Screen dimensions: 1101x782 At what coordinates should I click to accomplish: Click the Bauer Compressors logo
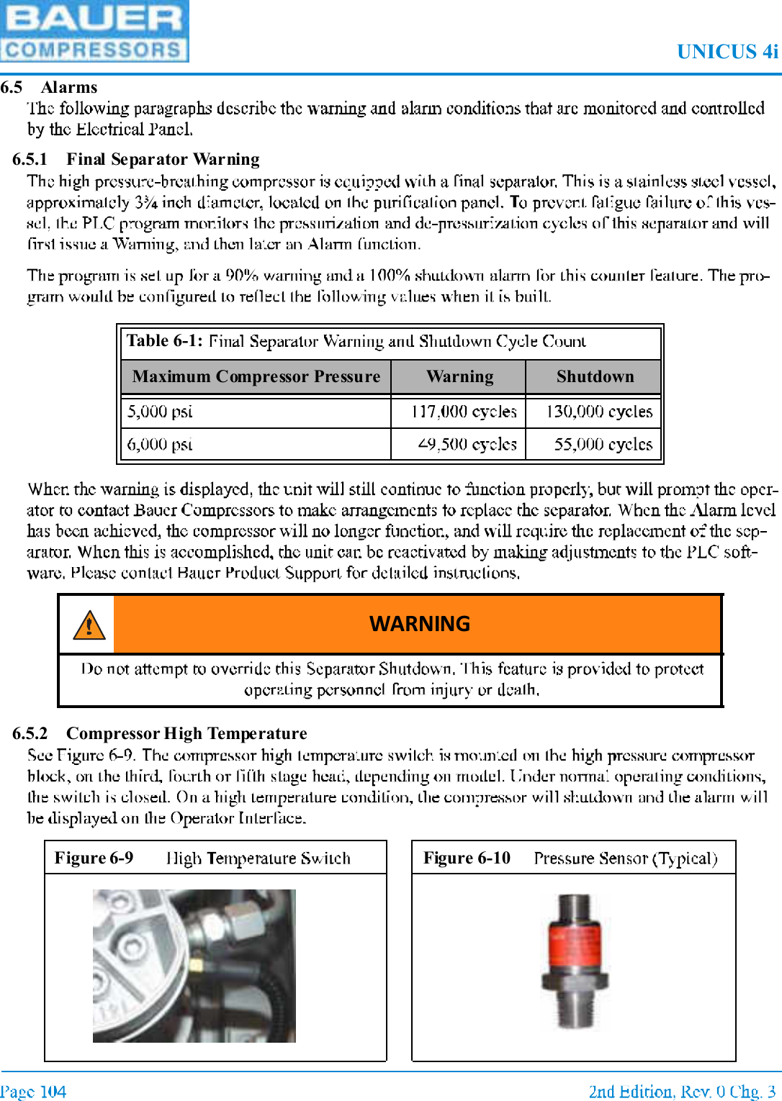[x=94, y=31]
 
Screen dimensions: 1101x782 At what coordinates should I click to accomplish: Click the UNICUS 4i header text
[x=727, y=52]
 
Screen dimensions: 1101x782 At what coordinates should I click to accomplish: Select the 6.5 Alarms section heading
[x=49, y=87]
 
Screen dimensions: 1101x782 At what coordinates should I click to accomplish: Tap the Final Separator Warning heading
[x=163, y=159]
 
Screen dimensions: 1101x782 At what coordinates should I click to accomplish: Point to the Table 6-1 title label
[x=165, y=340]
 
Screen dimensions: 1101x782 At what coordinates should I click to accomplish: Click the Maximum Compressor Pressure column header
[x=256, y=376]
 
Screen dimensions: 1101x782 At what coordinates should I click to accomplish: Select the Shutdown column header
[x=595, y=376]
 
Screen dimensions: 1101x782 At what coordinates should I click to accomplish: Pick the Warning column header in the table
[x=459, y=376]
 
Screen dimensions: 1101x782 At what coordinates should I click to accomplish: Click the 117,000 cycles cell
[x=464, y=412]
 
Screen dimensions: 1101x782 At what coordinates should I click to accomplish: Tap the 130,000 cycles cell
[x=598, y=412]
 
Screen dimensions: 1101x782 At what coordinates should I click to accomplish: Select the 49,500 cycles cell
[x=467, y=444]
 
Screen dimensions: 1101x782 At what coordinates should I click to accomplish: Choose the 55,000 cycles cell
[x=603, y=444]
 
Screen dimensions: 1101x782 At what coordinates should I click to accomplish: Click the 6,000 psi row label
[x=160, y=444]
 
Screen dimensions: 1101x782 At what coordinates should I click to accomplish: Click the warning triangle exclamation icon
[x=89, y=625]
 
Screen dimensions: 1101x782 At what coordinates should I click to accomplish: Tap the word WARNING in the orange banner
[x=419, y=623]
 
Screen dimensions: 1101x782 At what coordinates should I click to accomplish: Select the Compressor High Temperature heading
[x=186, y=733]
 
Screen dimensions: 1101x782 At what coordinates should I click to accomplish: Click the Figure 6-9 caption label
[x=94, y=858]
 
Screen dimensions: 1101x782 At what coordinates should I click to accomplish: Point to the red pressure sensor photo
[x=574, y=961]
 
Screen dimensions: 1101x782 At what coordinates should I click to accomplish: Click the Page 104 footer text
[x=33, y=1092]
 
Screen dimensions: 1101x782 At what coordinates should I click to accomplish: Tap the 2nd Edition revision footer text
[x=681, y=1092]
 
